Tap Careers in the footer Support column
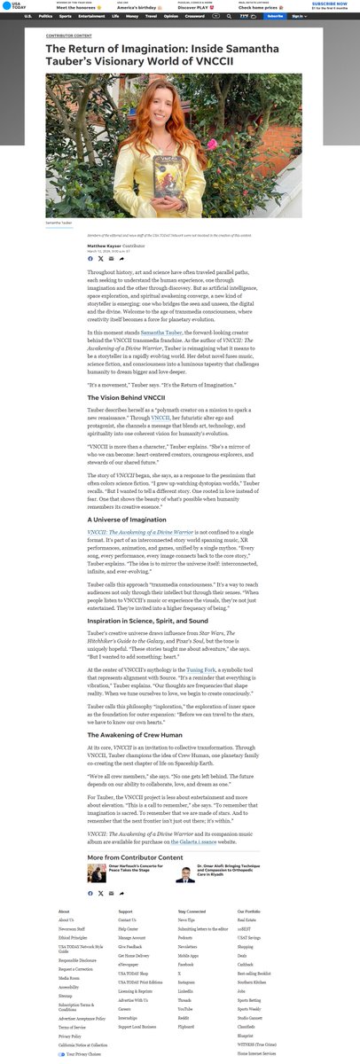pos(125,1008)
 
